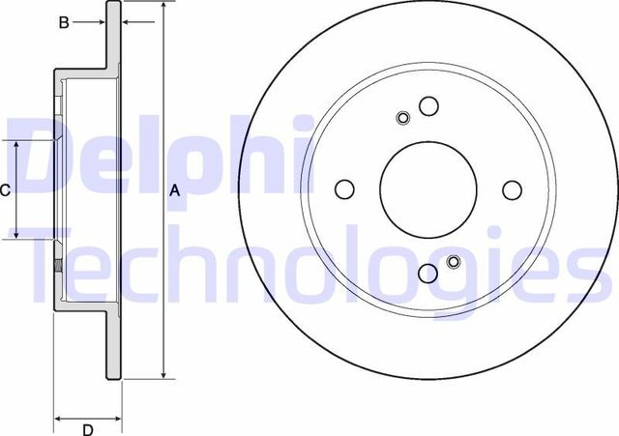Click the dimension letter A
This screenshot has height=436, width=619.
175,190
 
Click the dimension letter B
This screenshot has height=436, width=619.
64,22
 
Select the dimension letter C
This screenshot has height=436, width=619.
5,190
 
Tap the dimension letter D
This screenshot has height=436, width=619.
86,429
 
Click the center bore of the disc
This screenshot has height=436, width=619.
428,189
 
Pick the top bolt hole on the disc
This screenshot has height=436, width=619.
428,105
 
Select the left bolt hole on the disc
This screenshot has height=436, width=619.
345,189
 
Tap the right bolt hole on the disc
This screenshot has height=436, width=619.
513,189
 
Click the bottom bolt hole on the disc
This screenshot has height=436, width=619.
428,274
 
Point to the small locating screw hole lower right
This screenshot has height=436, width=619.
454,260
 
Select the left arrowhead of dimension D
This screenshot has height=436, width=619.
57,420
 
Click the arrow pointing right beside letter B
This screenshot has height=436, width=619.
98,22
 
